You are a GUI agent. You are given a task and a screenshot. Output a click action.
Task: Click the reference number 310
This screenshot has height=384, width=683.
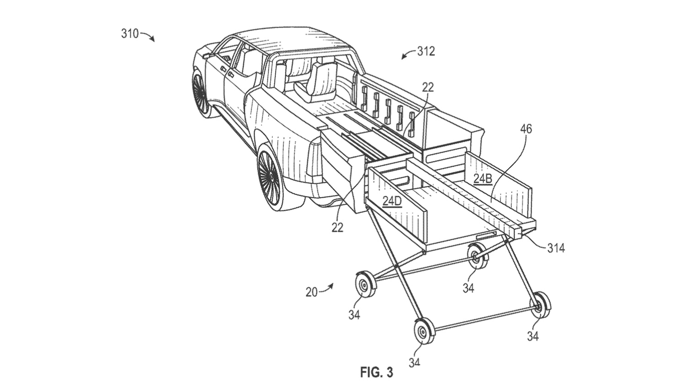coord(130,34)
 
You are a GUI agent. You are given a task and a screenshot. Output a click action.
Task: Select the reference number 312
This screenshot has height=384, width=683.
coord(426,51)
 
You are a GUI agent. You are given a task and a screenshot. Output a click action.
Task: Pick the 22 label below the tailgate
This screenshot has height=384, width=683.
coord(337,227)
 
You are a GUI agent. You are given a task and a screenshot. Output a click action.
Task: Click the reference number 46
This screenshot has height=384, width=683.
coord(526,129)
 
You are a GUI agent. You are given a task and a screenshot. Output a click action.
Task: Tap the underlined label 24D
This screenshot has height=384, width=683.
coord(392,202)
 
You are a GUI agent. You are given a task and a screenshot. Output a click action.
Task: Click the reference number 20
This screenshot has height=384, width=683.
coord(312,292)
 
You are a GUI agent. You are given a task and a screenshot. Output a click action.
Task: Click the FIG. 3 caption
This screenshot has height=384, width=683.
coord(376,372)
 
